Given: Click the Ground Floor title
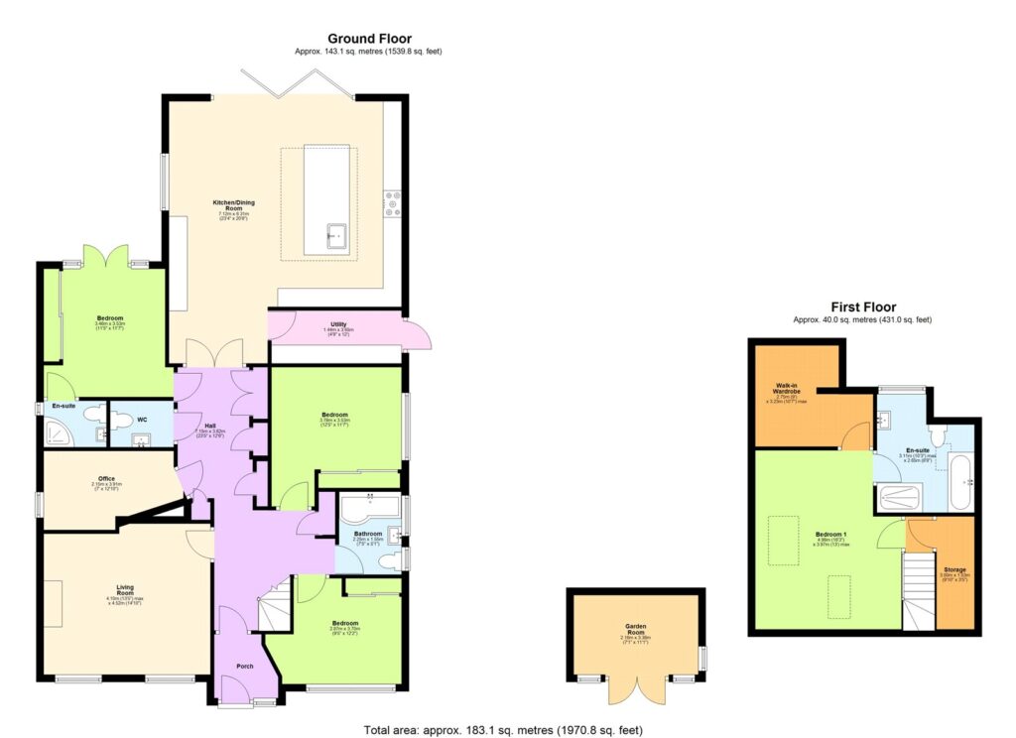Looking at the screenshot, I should pos(369,39).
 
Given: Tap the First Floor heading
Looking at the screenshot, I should pos(862,307).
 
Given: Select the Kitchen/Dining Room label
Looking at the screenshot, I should pos(233,203).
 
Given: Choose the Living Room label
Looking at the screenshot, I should pos(126,587).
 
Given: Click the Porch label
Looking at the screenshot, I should pos(244,666).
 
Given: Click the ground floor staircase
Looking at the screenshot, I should pos(273,606).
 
